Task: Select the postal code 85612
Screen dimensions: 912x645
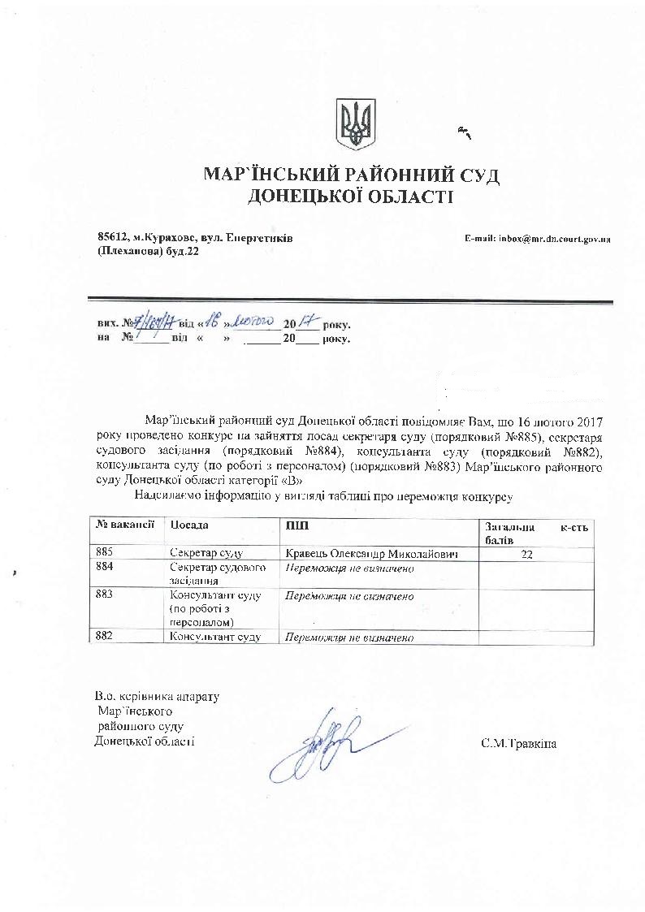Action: point(113,238)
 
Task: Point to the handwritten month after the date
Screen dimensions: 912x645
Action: point(253,322)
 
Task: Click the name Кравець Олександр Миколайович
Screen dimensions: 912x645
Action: point(370,554)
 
